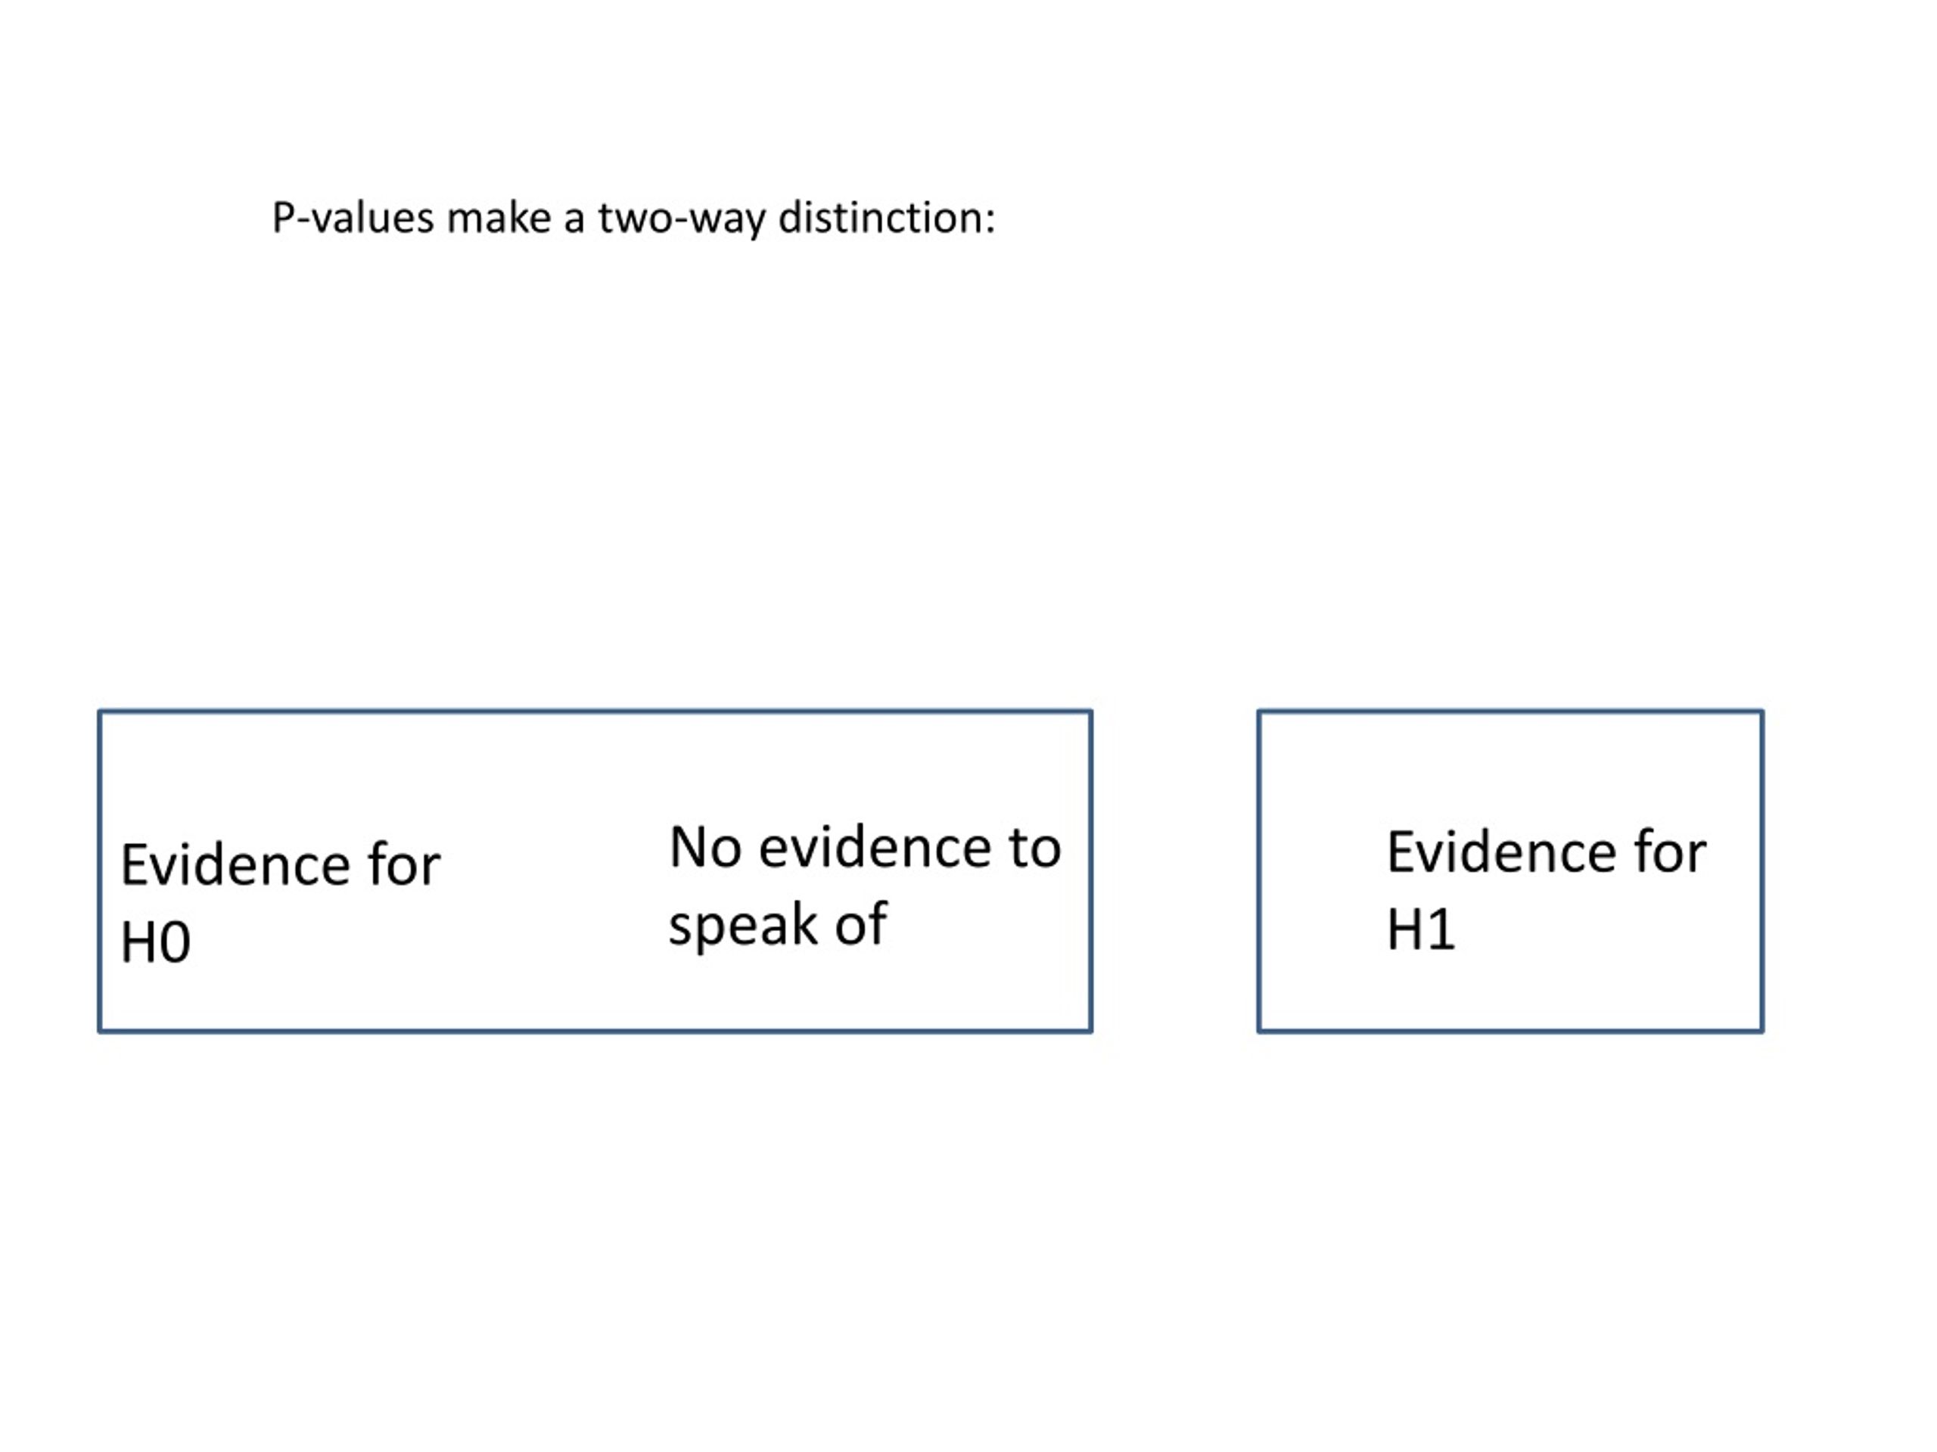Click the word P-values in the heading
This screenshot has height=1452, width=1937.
[x=353, y=217]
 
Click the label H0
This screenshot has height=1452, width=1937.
[x=155, y=942]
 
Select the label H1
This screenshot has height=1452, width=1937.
[x=1420, y=929]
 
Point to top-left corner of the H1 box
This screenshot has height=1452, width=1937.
[x=1259, y=712]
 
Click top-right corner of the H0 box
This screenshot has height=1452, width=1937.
[x=1091, y=712]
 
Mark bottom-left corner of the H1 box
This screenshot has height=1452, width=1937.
[x=1259, y=1031]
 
